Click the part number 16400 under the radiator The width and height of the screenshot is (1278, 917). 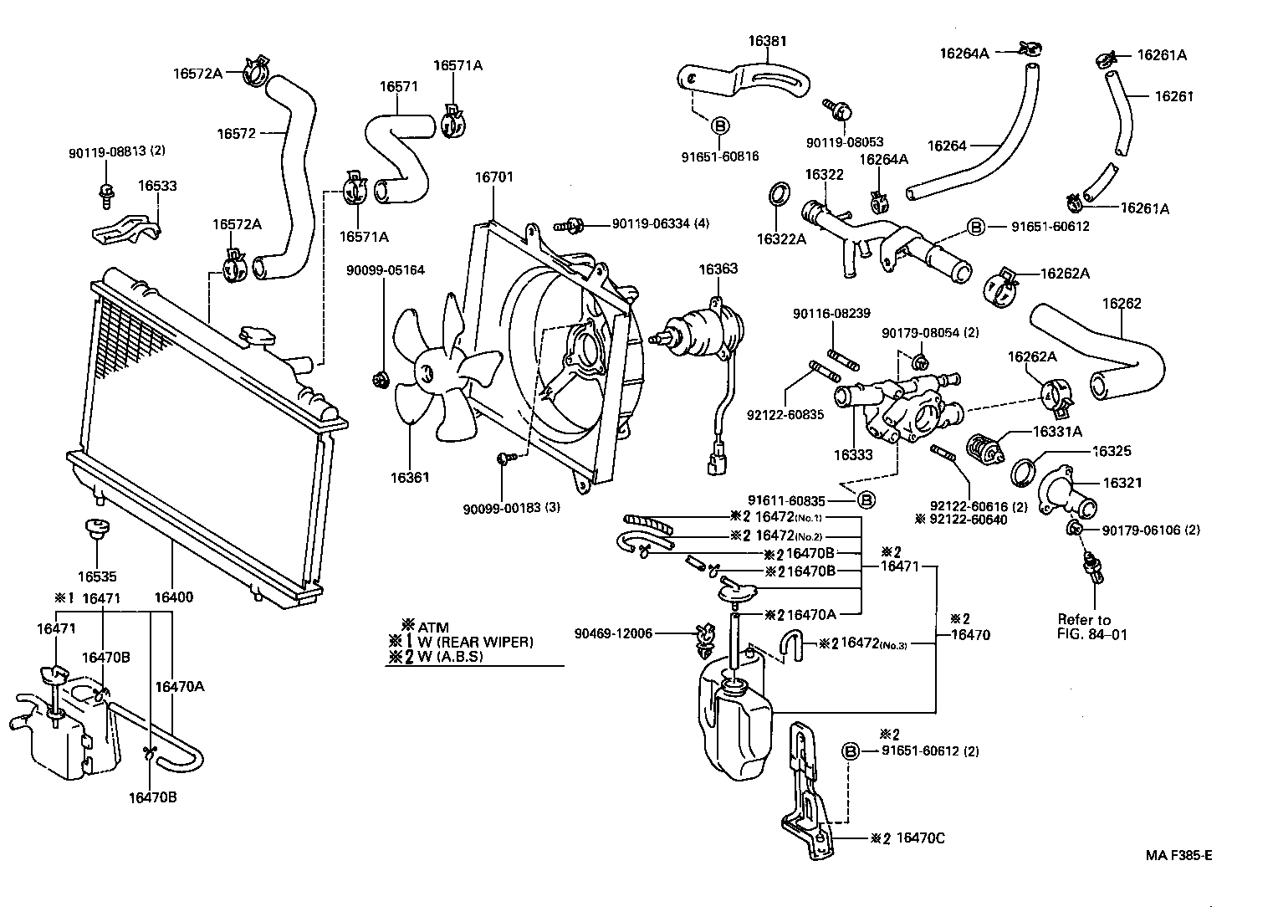coord(173,597)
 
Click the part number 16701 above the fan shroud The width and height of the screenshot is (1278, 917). coord(494,177)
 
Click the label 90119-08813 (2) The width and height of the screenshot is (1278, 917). coord(117,151)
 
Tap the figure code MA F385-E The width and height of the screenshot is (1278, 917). coord(1178,855)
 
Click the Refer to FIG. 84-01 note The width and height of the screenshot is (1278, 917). coord(1092,627)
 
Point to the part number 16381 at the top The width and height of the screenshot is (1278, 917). coord(767,40)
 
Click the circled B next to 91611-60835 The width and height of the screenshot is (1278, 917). coord(866,500)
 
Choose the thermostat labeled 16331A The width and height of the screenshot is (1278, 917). coord(984,448)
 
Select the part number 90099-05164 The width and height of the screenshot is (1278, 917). coord(386,270)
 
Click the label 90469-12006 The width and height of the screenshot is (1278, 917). coord(613,633)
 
